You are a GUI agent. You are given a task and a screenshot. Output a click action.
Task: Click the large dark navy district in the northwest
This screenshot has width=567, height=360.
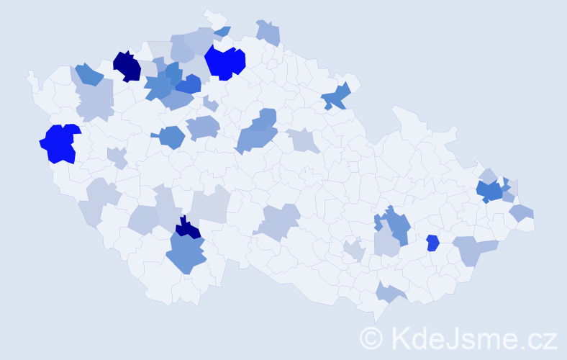point(127,66)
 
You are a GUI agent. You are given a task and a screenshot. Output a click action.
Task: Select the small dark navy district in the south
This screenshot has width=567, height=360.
point(189,228)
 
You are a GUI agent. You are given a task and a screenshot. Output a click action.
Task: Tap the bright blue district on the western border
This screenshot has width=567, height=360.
point(59,143)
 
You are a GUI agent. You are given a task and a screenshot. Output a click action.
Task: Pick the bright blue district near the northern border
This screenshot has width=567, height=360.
point(224,62)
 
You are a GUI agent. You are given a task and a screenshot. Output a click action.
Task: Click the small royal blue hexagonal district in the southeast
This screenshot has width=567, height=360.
point(432,243)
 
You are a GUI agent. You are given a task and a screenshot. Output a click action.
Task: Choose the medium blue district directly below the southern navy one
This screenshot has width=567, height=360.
point(186,254)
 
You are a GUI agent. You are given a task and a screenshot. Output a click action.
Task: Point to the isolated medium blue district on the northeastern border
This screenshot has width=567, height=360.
point(336,96)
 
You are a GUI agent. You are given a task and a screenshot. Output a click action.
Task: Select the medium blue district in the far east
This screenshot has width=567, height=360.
point(491,191)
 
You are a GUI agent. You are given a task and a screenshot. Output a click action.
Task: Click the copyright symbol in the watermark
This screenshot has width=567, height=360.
point(372,338)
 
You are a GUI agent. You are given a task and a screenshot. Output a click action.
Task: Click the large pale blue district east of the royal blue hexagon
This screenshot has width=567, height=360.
point(474,249)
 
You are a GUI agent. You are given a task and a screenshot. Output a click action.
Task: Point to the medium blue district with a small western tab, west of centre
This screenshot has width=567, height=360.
point(171,136)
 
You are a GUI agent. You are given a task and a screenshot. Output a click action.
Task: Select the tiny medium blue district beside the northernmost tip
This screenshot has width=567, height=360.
point(223,31)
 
